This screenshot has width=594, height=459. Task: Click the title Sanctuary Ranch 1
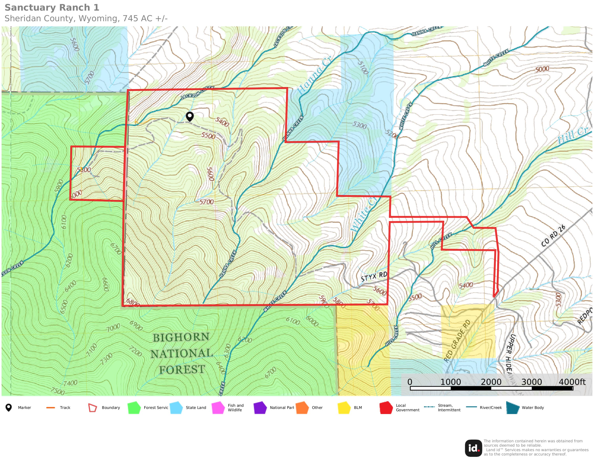pos(52,8)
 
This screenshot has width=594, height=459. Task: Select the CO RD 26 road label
pos(553,236)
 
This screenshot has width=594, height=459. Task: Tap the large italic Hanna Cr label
pos(314,75)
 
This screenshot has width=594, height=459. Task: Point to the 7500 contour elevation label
pos(58,391)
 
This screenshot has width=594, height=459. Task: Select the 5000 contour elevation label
pos(542,69)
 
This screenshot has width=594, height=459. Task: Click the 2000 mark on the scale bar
pos(491,382)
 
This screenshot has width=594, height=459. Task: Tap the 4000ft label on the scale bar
pos(572,382)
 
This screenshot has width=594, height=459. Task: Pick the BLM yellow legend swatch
pos(344,407)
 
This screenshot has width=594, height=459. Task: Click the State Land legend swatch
pos(176,407)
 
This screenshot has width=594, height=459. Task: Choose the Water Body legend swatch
pos(513,407)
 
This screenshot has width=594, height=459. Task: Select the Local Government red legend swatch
pos(386,407)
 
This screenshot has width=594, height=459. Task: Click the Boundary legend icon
pos(92,407)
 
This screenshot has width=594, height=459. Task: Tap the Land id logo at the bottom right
pos(473,448)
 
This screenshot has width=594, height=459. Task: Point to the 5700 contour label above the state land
pos(89,77)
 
